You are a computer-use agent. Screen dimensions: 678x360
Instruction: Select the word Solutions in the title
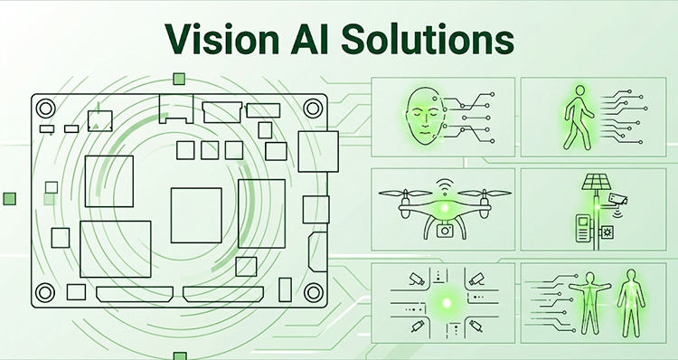coord(428,39)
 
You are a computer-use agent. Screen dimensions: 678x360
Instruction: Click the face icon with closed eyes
coord(425,116)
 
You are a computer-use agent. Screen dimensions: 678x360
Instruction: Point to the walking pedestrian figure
coord(579,118)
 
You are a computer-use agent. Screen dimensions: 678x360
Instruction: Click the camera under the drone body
coord(445,230)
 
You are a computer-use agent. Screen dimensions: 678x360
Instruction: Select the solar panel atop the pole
coord(597,182)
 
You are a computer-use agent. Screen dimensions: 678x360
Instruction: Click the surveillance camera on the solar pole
coord(617,200)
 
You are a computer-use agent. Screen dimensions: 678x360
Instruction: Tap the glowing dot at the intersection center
coord(447,303)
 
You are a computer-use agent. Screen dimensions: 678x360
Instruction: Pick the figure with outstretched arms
coord(589,304)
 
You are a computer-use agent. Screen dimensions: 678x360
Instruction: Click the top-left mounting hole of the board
coord(45,109)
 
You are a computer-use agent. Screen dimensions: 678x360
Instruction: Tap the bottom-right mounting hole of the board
coord(314,293)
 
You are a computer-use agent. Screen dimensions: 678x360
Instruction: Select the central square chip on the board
coord(196,215)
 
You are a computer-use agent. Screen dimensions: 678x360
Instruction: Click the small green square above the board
coord(179,80)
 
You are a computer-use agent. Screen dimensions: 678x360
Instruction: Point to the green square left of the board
coord(10,199)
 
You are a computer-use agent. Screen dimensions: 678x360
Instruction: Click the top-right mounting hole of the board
coord(313,109)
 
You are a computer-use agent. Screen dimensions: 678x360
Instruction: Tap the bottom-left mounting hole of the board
coord(45,293)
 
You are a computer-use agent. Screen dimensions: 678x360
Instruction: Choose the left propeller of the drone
coord(406,193)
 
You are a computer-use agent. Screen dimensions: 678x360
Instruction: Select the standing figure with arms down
coord(631,303)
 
